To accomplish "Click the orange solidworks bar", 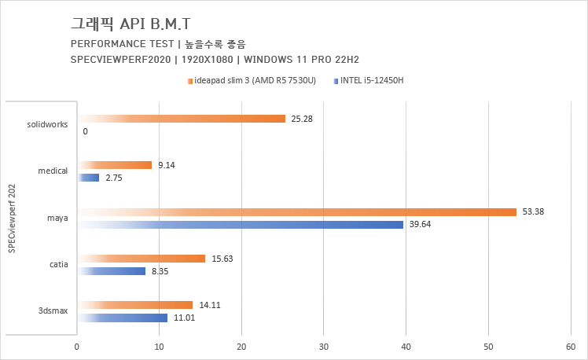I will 181,119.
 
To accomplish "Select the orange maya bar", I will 296,211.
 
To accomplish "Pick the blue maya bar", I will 241,225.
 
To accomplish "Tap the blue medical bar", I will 88,178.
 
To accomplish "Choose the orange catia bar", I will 141,259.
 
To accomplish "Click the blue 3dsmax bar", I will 122,318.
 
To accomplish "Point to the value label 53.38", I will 533,211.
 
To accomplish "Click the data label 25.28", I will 302,119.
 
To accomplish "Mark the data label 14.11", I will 208,305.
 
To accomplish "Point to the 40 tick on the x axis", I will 406,346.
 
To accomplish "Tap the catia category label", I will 58,265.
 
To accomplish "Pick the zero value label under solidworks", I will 85,131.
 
